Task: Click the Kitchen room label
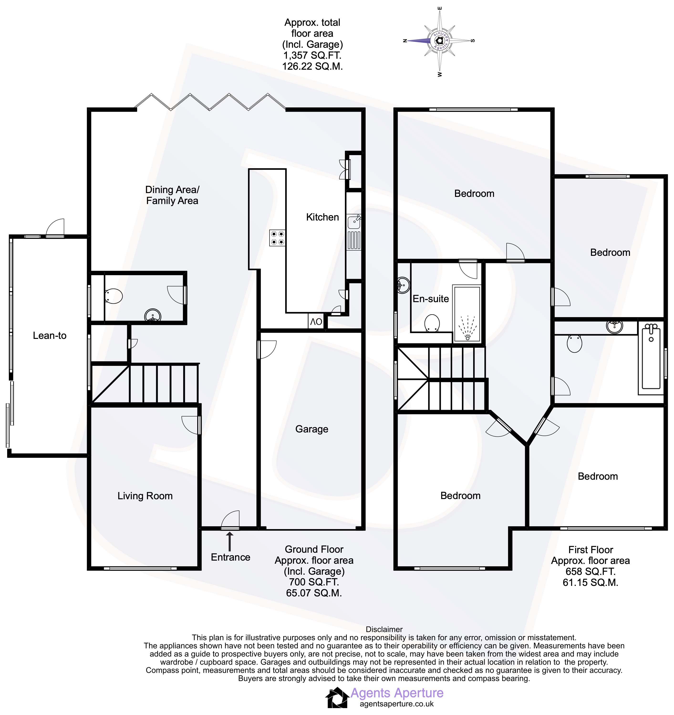point(322,217)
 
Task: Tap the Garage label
point(312,429)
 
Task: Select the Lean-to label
point(50,336)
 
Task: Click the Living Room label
point(145,496)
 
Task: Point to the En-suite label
point(431,299)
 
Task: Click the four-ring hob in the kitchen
point(278,238)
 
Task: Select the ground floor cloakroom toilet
point(113,296)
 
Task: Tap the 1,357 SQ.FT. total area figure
point(312,55)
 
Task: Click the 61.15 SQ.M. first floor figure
point(591,583)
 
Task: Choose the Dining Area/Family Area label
point(172,195)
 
